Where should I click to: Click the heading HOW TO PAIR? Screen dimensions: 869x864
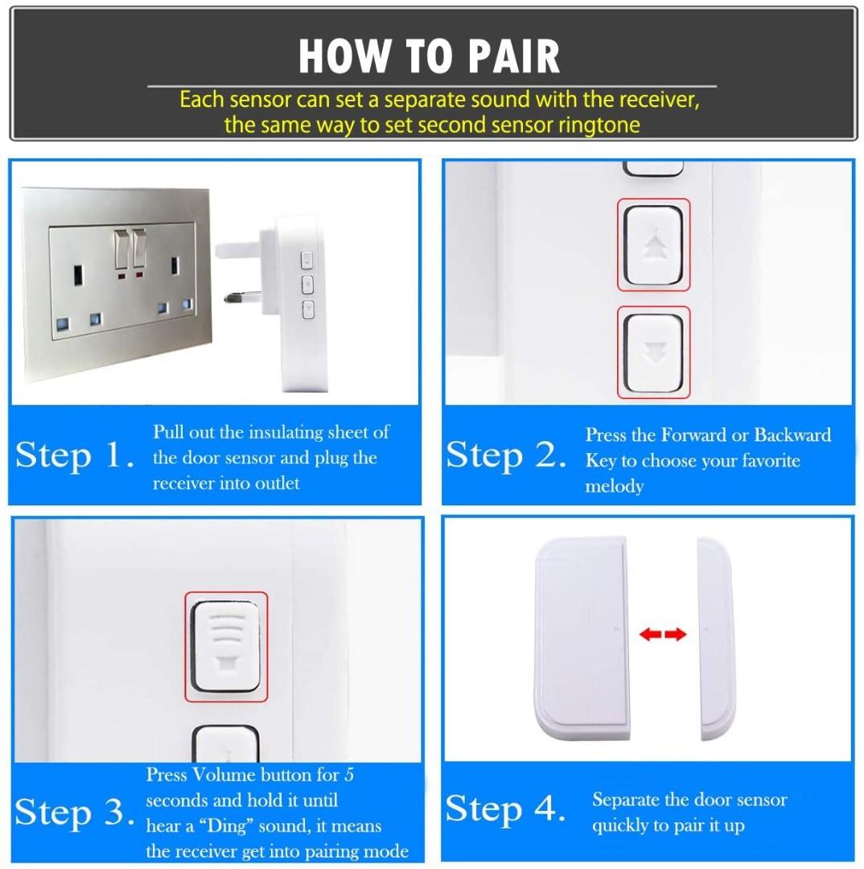coord(429,56)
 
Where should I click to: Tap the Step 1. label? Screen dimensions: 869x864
coord(74,456)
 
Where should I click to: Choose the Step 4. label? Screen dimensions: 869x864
coord(505,809)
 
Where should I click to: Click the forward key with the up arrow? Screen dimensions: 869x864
coord(652,245)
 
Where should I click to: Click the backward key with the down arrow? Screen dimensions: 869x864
coord(652,352)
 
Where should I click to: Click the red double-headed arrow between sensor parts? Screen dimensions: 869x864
coord(663,635)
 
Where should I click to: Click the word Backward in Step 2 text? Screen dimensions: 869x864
coord(792,435)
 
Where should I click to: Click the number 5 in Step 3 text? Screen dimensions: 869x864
coord(348,775)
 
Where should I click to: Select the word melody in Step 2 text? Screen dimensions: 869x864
coord(614,487)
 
